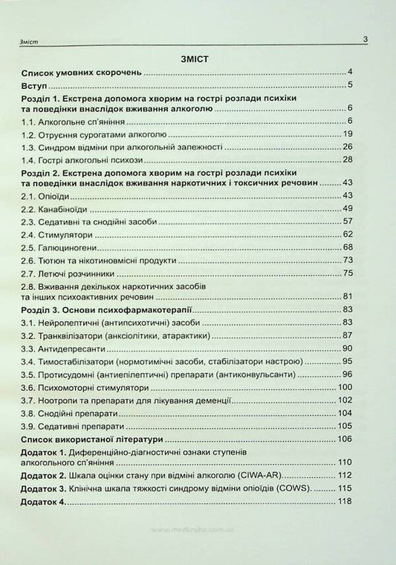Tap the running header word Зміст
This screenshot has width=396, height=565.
(33, 43)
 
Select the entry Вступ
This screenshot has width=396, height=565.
(35, 85)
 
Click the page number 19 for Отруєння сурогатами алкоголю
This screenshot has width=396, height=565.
(347, 133)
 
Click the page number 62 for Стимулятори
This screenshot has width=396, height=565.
(347, 233)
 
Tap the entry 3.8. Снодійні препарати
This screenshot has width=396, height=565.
(72, 412)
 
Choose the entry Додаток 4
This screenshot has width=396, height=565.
(44, 503)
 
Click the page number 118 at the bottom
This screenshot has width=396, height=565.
(345, 503)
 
